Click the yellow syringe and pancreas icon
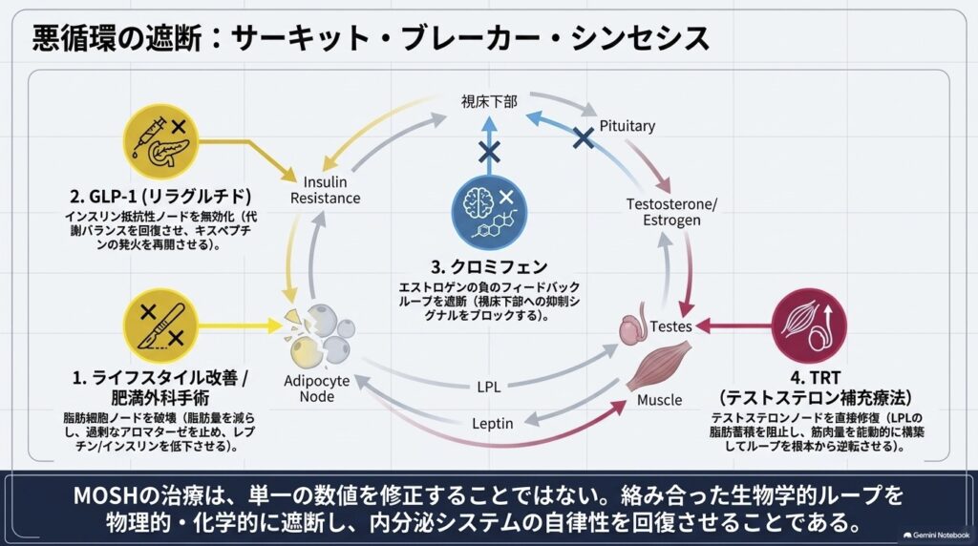click(160, 142)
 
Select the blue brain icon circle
click(490, 212)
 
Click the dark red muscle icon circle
click(810, 326)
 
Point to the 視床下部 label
click(489, 101)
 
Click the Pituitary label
click(627, 126)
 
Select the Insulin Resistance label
click(325, 190)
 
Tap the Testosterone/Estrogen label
click(671, 212)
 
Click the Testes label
click(670, 326)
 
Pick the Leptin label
click(492, 424)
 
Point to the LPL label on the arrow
click(488, 387)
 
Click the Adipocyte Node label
click(317, 388)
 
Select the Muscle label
click(659, 400)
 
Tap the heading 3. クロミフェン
click(489, 266)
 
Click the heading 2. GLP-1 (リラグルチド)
click(160, 197)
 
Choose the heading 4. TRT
click(816, 377)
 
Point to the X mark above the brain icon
click(489, 151)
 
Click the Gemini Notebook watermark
click(936, 535)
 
